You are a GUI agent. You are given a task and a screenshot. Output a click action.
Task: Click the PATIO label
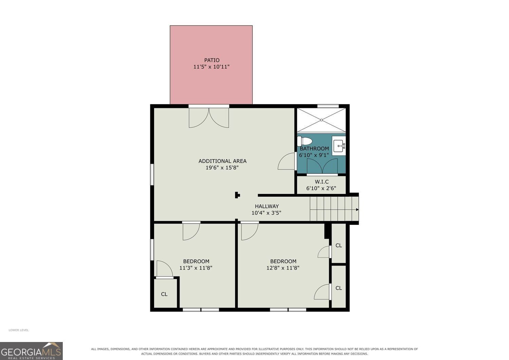(x=212, y=60)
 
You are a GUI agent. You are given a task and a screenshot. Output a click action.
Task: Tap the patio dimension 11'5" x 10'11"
(x=211, y=67)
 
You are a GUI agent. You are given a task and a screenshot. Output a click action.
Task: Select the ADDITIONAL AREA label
(x=223, y=161)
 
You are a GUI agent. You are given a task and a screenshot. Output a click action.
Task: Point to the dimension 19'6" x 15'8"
(x=222, y=168)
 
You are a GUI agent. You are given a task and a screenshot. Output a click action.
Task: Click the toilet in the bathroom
(x=304, y=141)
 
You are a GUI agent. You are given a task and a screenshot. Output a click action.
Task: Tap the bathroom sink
(x=339, y=146)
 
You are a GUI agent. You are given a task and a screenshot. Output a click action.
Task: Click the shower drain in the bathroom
(x=322, y=120)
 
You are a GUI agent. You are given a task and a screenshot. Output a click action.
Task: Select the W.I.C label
(x=322, y=182)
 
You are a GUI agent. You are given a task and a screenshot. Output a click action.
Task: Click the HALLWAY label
(x=267, y=206)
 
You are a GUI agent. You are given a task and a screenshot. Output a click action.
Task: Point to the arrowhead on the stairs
(x=357, y=210)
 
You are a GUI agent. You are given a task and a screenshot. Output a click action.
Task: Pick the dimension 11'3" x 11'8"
(x=196, y=268)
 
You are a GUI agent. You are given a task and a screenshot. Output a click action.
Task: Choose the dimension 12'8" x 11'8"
(x=283, y=268)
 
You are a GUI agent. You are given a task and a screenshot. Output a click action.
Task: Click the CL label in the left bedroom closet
(x=164, y=294)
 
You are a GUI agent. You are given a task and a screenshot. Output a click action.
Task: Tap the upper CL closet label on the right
(x=339, y=246)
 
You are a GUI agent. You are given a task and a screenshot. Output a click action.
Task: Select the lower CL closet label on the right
(x=339, y=288)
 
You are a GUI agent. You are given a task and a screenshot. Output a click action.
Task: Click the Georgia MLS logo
(x=31, y=350)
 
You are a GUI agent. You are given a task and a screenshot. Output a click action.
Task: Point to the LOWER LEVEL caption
(x=19, y=330)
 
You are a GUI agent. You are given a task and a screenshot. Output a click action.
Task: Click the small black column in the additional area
(x=238, y=195)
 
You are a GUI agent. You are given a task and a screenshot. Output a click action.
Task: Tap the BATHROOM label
(x=314, y=149)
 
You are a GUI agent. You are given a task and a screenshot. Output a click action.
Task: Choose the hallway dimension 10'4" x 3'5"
(x=266, y=213)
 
